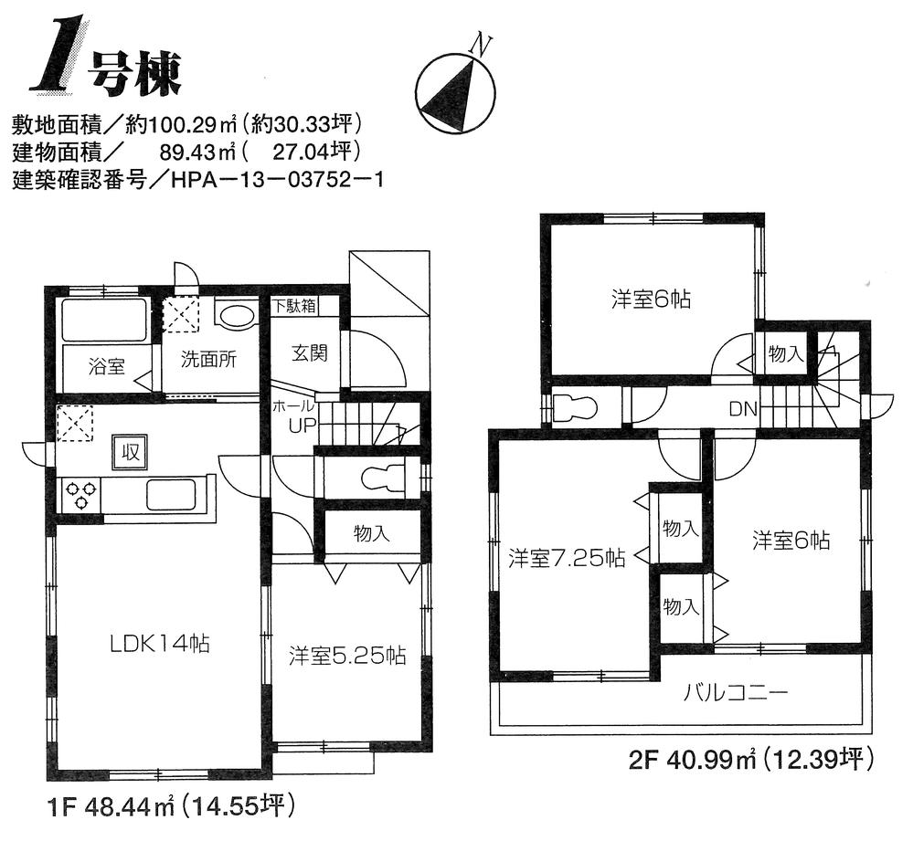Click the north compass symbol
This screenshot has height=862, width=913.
coord(456,90)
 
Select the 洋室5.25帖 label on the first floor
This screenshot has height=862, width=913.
coord(347,656)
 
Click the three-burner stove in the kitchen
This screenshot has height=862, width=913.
coord(80,496)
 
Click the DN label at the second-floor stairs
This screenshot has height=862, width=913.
coord(741,409)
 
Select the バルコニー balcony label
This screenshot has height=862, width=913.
coord(736,692)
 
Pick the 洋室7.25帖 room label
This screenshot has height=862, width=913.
coord(567,558)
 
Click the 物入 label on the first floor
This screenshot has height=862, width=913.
coord(371,534)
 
